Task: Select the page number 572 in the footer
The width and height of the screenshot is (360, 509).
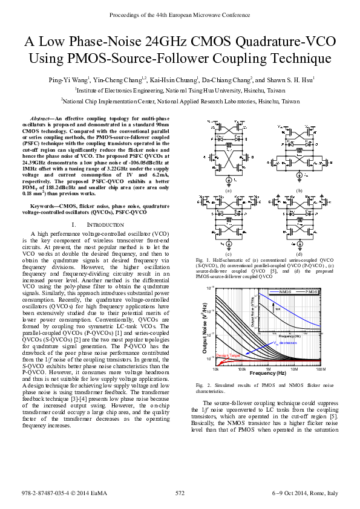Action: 180,493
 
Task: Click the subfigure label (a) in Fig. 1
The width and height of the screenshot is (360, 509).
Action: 229,190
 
